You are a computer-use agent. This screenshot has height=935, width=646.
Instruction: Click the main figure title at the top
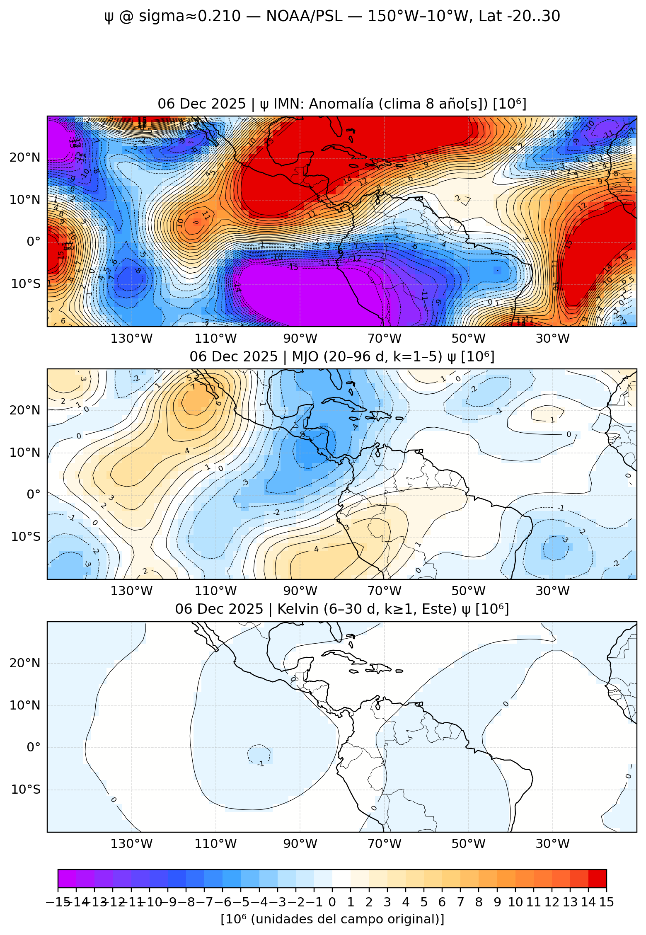click(x=331, y=16)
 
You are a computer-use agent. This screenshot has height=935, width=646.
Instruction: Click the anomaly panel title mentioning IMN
click(x=342, y=104)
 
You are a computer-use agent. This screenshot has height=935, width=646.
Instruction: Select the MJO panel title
click(x=342, y=356)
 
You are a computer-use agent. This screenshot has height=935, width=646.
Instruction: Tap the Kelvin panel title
click(x=342, y=609)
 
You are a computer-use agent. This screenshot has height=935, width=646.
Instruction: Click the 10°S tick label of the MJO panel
click(x=25, y=537)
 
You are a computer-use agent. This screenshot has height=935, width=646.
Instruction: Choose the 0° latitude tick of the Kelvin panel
click(x=33, y=747)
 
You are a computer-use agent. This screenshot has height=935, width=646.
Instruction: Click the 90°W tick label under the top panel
click(x=300, y=339)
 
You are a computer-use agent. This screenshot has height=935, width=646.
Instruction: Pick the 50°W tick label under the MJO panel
click(x=468, y=591)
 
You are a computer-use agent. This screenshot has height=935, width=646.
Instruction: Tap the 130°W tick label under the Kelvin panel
click(x=131, y=843)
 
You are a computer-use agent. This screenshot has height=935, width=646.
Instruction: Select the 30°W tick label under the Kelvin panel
click(x=552, y=843)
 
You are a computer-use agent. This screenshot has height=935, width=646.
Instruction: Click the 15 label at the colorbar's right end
click(x=606, y=902)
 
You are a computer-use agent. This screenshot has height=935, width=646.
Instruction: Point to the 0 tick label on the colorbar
click(x=332, y=902)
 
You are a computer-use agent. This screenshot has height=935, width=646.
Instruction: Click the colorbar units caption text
click(x=332, y=919)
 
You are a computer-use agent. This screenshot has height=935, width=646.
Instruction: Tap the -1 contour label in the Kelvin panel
click(x=260, y=764)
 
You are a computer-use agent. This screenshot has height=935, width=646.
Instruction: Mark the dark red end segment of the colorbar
click(x=597, y=878)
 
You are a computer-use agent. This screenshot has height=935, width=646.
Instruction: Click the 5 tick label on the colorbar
click(x=423, y=902)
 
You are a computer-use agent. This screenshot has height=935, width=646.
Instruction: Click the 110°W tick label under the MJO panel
click(x=215, y=591)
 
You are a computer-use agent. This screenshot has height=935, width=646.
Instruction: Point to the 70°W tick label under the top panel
click(x=384, y=339)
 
